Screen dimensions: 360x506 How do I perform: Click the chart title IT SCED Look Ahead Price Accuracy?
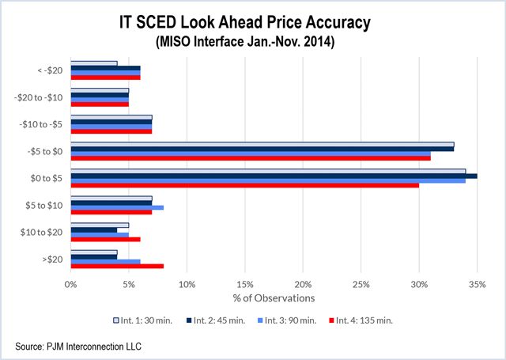pos(253,19)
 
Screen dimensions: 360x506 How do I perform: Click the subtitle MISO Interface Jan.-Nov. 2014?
pos(253,39)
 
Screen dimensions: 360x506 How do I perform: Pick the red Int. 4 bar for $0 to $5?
pos(245,185)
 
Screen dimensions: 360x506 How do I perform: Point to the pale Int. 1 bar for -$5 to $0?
pos(262,144)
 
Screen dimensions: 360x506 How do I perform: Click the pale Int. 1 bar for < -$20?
pos(94,63)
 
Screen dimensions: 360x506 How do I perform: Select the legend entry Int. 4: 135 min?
pos(362,320)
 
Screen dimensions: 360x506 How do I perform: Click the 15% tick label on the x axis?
pos(244,283)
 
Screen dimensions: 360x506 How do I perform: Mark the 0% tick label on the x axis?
pos(71,283)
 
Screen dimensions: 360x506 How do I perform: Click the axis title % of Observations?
pos(274,297)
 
